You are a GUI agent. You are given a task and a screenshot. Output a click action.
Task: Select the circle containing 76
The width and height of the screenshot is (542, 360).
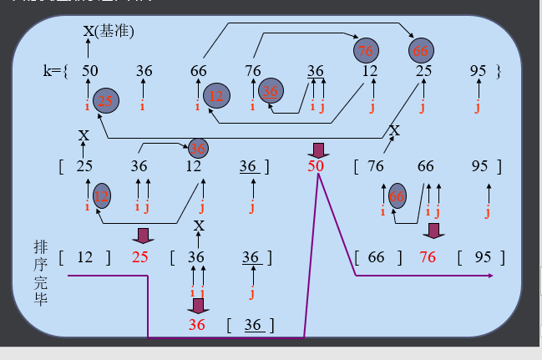365,51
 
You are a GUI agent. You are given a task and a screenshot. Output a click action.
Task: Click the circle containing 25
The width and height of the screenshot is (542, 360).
105,101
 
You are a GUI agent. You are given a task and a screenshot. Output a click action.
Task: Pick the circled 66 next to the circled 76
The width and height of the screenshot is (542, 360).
420,51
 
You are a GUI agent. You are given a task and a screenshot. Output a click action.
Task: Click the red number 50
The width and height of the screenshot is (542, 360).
316,166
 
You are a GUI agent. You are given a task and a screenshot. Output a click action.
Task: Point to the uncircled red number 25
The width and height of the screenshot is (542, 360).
139,256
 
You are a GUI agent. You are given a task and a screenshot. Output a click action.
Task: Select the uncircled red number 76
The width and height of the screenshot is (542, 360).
428,256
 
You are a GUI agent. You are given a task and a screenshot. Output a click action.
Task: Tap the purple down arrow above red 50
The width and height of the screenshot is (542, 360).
317,150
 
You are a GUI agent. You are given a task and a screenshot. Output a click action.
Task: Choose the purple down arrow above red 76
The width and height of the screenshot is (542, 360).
433,230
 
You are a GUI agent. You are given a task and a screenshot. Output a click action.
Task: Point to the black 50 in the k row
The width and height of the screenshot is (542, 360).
90,72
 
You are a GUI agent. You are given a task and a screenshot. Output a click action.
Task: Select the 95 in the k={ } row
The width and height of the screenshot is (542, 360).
478,72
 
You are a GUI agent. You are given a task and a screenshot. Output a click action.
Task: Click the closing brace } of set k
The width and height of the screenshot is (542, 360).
499,72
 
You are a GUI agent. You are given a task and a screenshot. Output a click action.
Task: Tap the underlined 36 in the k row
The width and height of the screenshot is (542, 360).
316,72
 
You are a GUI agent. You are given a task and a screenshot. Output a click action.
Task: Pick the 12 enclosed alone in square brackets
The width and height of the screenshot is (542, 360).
85,256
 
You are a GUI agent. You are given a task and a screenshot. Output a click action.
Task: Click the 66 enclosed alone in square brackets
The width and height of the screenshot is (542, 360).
377,256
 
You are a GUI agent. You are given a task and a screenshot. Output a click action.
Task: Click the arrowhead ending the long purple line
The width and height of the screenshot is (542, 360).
490,275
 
